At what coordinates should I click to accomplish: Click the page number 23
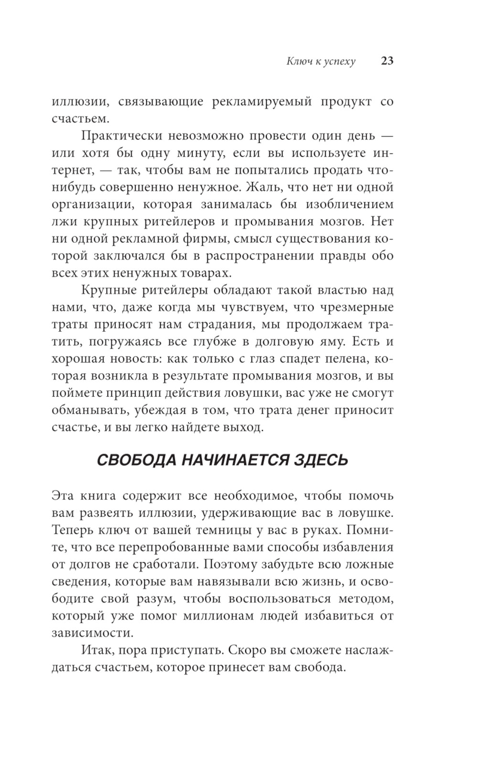pyautogui.click(x=387, y=61)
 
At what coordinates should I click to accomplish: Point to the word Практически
pyautogui.click(x=118, y=136)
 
